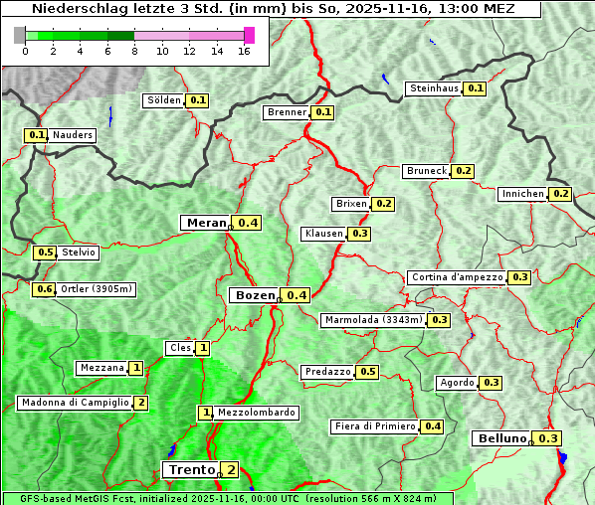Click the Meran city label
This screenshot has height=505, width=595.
coord(206,223)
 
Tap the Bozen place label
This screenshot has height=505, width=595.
coord(253,295)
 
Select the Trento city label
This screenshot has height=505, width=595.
coord(191,469)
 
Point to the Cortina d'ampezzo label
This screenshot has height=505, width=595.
coord(456,277)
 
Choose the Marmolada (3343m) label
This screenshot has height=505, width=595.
coord(373,320)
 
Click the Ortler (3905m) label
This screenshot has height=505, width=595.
coord(96,289)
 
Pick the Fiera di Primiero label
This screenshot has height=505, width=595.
coord(374,426)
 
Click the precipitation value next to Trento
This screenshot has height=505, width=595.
coord(231,469)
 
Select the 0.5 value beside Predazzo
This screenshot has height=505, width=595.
coord(368,372)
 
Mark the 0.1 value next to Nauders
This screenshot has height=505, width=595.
coord(37,135)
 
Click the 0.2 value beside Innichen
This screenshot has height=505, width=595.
coord(561,194)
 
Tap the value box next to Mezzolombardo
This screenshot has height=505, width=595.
coord(206,413)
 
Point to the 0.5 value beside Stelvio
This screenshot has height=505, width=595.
coord(45,252)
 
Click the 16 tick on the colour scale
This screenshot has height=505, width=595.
coord(243,52)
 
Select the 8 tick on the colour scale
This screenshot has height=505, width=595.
coord(134,52)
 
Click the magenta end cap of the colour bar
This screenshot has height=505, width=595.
coord(249,35)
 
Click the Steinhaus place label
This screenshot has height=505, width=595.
coord(435,88)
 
